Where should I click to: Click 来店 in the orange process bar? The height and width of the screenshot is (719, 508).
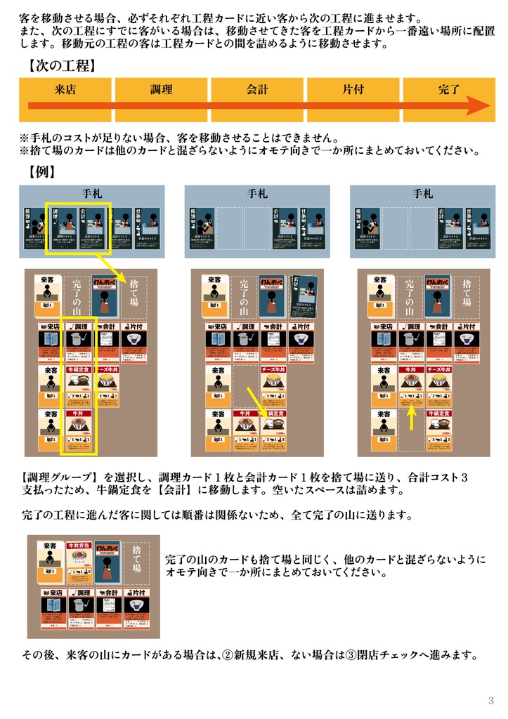(x=65, y=89)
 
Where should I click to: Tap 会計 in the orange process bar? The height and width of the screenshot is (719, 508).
(x=257, y=89)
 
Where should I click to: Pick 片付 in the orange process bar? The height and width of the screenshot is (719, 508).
(x=353, y=89)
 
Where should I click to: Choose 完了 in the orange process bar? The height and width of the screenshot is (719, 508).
(x=449, y=89)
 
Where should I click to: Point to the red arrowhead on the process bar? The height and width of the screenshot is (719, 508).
(x=481, y=107)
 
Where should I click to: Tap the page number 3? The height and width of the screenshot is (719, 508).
(x=491, y=701)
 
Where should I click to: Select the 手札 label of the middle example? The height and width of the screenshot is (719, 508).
(x=257, y=193)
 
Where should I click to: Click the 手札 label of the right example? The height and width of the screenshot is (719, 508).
(x=423, y=193)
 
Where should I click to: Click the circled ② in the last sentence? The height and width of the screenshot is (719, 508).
(x=228, y=655)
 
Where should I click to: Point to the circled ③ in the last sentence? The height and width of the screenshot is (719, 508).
(x=349, y=655)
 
